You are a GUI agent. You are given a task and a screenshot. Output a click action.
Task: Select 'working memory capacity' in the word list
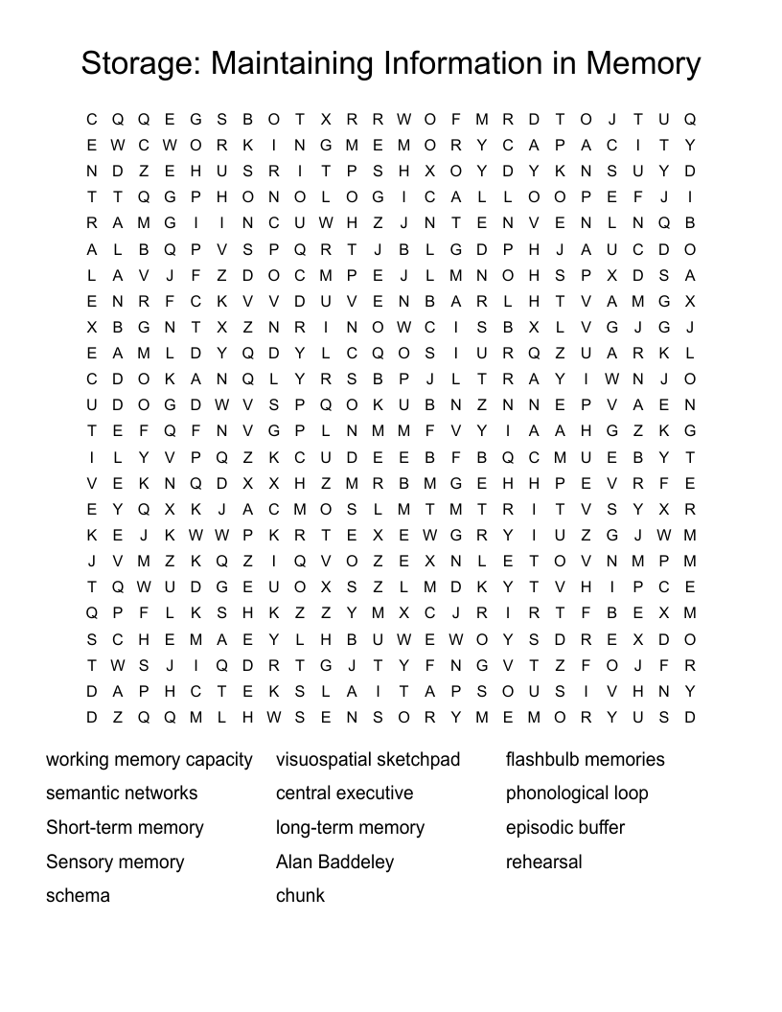[149, 760]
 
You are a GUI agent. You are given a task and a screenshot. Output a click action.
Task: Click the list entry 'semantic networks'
[122, 793]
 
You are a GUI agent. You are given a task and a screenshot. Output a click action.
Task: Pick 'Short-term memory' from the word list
[125, 828]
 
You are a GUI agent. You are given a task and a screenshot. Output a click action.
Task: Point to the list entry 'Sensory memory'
[115, 862]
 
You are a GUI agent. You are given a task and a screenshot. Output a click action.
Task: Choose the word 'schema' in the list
[78, 896]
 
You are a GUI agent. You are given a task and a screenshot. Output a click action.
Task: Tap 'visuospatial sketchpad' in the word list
[368, 760]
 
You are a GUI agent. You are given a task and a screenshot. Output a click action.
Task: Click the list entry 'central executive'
[344, 793]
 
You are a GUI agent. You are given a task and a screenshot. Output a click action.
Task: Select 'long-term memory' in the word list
[350, 828]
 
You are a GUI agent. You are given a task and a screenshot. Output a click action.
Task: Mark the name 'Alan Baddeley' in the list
[334, 862]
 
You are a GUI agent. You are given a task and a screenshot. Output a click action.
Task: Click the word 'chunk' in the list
[300, 896]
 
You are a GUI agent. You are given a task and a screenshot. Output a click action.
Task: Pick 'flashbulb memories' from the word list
[585, 760]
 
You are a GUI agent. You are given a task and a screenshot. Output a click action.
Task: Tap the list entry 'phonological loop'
[577, 793]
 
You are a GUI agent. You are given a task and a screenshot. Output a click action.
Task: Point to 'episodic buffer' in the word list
[565, 828]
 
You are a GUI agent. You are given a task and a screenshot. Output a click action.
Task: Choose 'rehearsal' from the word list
[543, 862]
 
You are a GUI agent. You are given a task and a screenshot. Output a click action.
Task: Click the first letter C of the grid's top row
[92, 120]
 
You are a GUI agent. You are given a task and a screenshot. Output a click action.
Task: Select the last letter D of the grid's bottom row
[690, 717]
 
